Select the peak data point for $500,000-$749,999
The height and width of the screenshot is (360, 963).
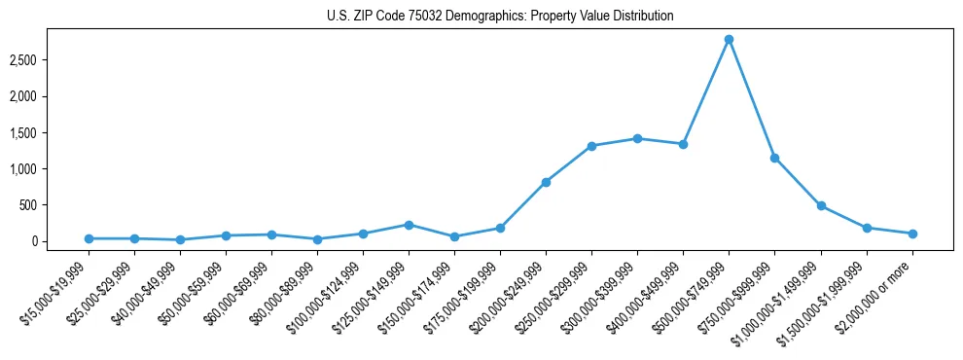pyautogui.click(x=729, y=39)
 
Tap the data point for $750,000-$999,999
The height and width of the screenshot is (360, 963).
pyautogui.click(x=774, y=158)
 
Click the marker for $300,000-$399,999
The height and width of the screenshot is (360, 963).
pyautogui.click(x=637, y=138)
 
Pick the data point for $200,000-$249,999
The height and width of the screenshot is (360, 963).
pyautogui.click(x=546, y=182)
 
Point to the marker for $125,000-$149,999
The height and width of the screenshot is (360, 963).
pyautogui.click(x=409, y=225)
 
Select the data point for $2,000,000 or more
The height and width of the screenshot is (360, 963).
pyautogui.click(x=912, y=234)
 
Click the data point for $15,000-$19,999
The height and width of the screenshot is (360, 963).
pyautogui.click(x=89, y=238)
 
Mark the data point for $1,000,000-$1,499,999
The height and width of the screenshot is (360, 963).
pyautogui.click(x=821, y=205)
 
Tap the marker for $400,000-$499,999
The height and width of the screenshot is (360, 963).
pyautogui.click(x=683, y=144)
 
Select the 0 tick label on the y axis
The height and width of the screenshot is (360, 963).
pyautogui.click(x=60, y=241)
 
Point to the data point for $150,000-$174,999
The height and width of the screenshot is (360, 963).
pyautogui.click(x=454, y=236)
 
